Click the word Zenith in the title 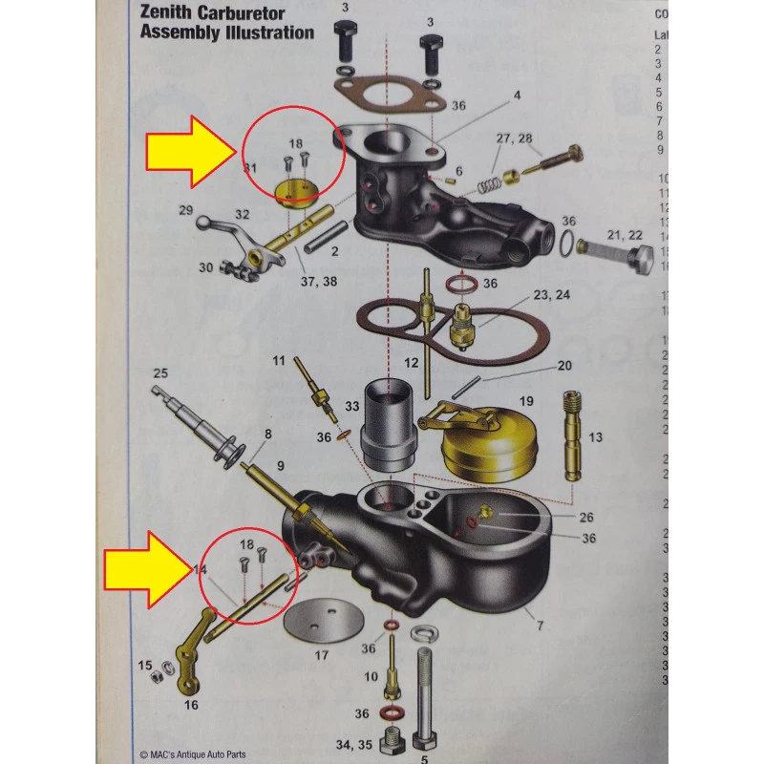(x=163, y=13)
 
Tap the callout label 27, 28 (x=514, y=138)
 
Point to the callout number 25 (x=160, y=372)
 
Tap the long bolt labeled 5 (x=426, y=697)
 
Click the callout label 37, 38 (x=318, y=281)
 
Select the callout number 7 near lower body (x=540, y=626)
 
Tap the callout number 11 (x=279, y=360)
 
